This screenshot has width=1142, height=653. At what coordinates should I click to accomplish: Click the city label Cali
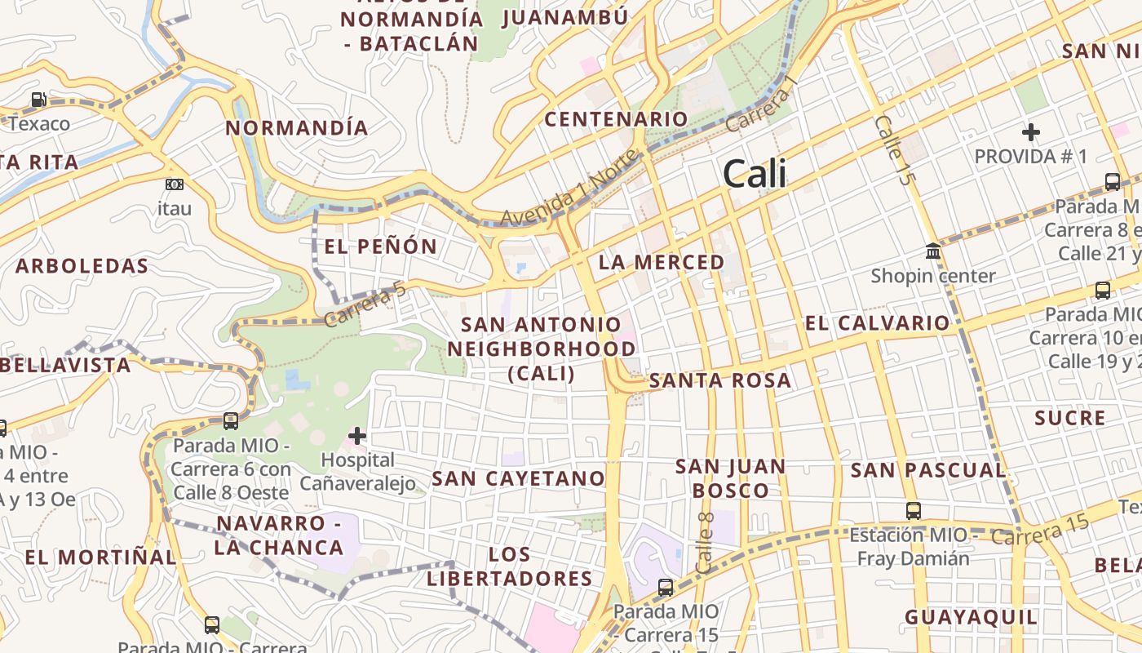[x=755, y=174]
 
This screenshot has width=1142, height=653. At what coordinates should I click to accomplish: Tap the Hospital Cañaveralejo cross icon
[x=357, y=436]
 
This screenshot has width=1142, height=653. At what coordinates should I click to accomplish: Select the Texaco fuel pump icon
[x=38, y=100]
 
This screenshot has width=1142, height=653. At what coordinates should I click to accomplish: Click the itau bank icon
[x=174, y=184]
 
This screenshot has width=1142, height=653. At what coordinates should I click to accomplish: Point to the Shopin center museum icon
[x=933, y=251]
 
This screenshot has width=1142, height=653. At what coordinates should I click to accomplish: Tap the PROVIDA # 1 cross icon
[x=1031, y=131]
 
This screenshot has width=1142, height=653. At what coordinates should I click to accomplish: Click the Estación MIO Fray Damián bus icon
[x=914, y=511]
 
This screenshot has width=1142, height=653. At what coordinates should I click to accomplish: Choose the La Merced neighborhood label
[x=662, y=262]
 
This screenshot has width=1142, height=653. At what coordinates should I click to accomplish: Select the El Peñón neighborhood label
[x=381, y=247]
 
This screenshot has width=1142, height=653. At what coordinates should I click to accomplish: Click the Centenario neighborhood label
[x=616, y=119]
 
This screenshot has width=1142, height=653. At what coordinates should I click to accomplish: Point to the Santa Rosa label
[x=719, y=380]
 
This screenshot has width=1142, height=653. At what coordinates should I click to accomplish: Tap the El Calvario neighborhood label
[x=878, y=323]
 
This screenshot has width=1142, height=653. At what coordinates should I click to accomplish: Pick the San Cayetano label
[x=519, y=478]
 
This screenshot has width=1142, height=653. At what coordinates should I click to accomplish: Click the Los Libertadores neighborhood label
[x=509, y=566]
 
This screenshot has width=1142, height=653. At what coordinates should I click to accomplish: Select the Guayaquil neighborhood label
[x=971, y=617]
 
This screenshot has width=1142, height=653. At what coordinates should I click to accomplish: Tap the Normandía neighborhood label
[x=297, y=128]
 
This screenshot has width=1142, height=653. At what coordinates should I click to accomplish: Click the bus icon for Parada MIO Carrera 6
[x=231, y=421]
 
